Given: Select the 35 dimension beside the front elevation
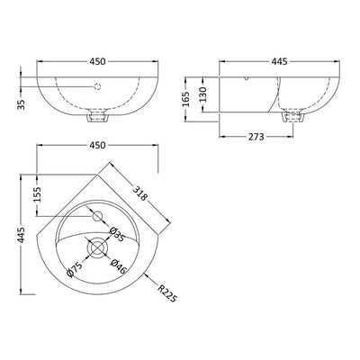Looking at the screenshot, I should [x=21, y=103].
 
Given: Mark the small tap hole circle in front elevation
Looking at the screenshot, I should [x=95, y=87].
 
